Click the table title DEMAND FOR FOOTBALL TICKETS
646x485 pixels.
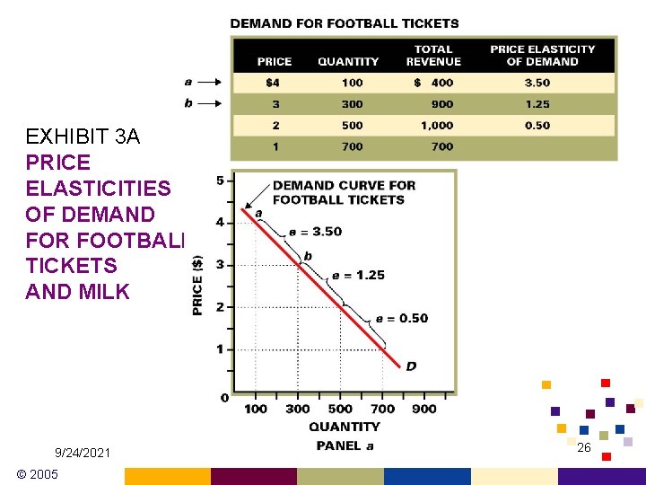coord(345,23)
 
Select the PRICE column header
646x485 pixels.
coord(274,61)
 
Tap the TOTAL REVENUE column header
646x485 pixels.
coord(433,56)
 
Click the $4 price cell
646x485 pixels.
coord(274,83)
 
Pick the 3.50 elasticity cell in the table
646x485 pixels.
coord(537,83)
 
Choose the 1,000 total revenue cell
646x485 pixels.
coord(437,126)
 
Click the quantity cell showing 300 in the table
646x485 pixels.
coord(352,104)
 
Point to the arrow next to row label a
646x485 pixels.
coord(209,83)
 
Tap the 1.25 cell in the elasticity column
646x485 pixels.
coord(537,104)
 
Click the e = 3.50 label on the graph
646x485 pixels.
coord(315,232)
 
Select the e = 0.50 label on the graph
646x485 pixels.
coord(401,319)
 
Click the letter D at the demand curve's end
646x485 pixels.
coord(411,366)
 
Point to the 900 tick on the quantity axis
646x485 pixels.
coord(424,409)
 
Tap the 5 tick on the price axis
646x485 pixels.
coord(221,181)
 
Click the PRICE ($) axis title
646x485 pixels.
coord(198,284)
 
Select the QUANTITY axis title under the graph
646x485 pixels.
coord(344,427)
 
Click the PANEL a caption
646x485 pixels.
coord(345,445)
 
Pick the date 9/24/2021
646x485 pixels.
coord(83,453)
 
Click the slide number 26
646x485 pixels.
coord(583,447)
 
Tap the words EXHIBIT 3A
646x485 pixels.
coord(78,137)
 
